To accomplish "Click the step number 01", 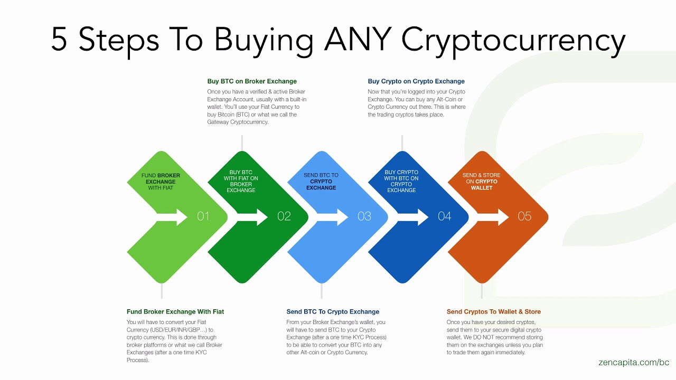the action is [x=203, y=216].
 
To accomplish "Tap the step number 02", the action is [x=284, y=216].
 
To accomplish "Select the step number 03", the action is [x=364, y=216].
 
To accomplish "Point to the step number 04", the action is [x=445, y=216].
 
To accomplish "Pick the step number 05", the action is [x=524, y=216].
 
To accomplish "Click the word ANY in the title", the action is [x=359, y=39].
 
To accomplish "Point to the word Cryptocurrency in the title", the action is [x=513, y=40].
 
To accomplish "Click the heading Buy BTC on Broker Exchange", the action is [x=252, y=81].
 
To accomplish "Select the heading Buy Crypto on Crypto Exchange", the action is [x=416, y=81].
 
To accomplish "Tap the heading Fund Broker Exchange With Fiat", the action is [x=175, y=311].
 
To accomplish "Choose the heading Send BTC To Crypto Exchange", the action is [x=333, y=311].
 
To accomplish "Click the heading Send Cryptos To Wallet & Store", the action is [x=494, y=311].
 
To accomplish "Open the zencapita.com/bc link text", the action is [x=634, y=363].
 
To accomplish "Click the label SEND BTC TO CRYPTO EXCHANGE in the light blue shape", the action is [x=321, y=182].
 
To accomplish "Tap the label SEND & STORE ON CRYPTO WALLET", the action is [x=481, y=182].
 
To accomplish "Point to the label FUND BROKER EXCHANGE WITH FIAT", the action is [x=161, y=182].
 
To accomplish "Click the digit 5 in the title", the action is [x=59, y=39].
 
